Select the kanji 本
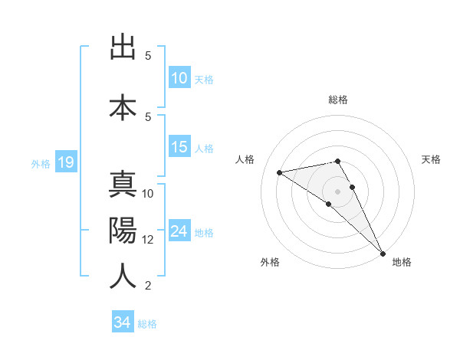pyautogui.click(x=123, y=106)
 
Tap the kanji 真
pyautogui.click(x=123, y=185)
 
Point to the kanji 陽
pyautogui.click(x=123, y=231)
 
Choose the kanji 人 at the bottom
pyautogui.click(x=123, y=275)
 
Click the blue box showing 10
pyautogui.click(x=179, y=78)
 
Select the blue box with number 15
pyautogui.click(x=179, y=148)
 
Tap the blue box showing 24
pyautogui.click(x=179, y=231)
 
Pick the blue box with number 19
pyautogui.click(x=65, y=162)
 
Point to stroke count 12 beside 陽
pyautogui.click(x=148, y=240)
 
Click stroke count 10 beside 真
pyautogui.click(x=148, y=193)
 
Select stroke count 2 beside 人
pyautogui.click(x=147, y=286)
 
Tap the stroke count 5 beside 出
pyautogui.click(x=147, y=56)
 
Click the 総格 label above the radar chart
pyautogui.click(x=338, y=100)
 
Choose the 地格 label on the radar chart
pyautogui.click(x=402, y=262)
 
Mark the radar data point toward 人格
pyautogui.click(x=280, y=172)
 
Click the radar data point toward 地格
pyautogui.click(x=382, y=254)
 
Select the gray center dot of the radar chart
pyautogui.click(x=338, y=190)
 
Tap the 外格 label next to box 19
pyautogui.click(x=41, y=163)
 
